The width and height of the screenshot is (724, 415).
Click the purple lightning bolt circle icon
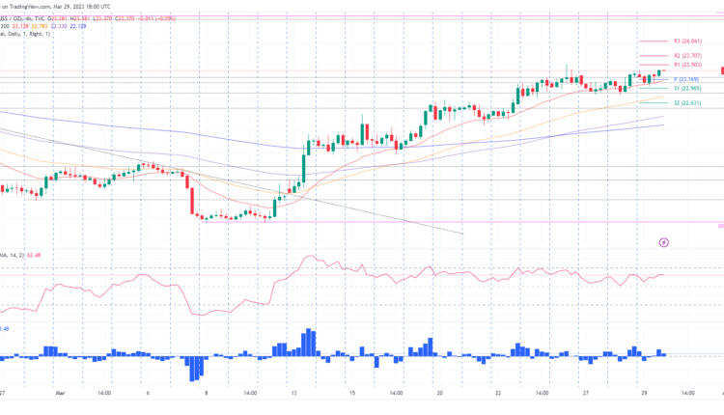(664, 241)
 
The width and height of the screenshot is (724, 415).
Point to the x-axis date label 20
(439, 393)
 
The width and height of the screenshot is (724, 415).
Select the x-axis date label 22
(496, 393)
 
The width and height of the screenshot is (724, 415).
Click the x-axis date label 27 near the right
(586, 393)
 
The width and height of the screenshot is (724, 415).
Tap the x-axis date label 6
(147, 393)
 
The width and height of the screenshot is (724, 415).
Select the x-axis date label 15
(353, 393)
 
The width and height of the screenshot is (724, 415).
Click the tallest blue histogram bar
(308, 343)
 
